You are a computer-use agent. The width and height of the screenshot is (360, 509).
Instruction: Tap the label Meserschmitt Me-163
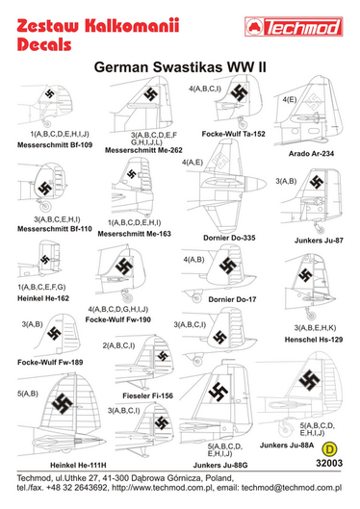pos(143,233)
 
